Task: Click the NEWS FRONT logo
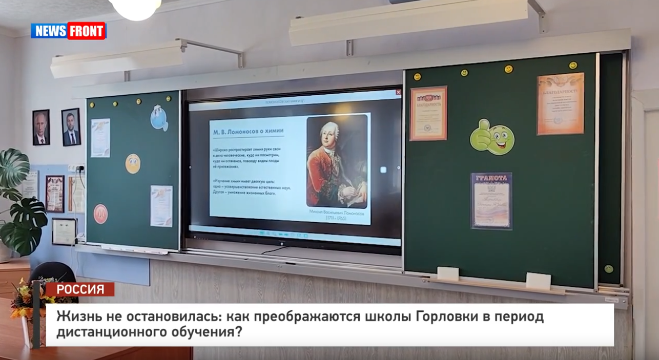tap(68, 31)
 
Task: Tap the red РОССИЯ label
tap(80, 289)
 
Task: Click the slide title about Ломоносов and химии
tap(248, 131)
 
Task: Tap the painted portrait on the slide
tap(337, 161)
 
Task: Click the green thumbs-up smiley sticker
tap(492, 137)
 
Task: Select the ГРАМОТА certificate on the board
tap(491, 200)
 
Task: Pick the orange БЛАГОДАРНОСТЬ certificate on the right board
tap(560, 103)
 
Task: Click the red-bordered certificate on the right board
tap(428, 113)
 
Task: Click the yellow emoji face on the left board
tap(133, 163)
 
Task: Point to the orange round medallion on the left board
tap(100, 214)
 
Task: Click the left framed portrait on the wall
tap(41, 128)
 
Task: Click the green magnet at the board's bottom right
tap(608, 268)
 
